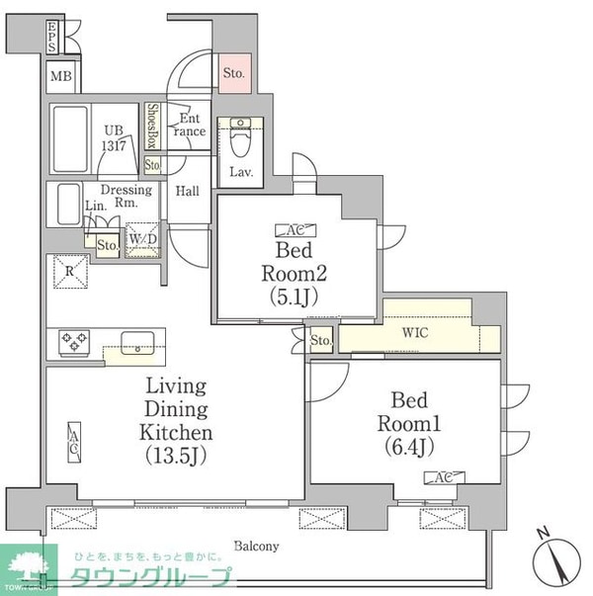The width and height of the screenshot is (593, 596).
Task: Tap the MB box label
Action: [x=60, y=77]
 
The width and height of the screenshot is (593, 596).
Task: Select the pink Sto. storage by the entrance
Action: [x=233, y=73]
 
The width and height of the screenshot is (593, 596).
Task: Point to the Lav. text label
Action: [x=242, y=172]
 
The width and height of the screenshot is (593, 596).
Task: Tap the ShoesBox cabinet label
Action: [x=153, y=126]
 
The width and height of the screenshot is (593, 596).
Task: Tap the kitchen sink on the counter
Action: [x=135, y=342]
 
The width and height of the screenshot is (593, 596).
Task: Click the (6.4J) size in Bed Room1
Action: [x=408, y=446]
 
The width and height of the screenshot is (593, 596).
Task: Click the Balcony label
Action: [x=257, y=546]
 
